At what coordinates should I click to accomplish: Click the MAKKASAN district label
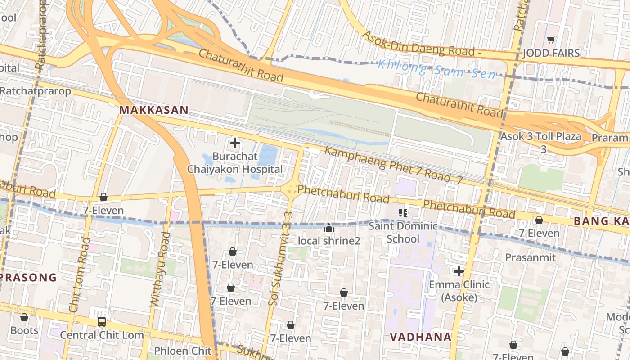pyautogui.click(x=153, y=110)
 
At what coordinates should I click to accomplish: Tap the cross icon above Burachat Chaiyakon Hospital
pyautogui.click(x=234, y=144)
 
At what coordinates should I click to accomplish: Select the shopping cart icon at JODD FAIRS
pyautogui.click(x=551, y=40)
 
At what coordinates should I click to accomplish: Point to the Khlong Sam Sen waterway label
pyautogui.click(x=436, y=69)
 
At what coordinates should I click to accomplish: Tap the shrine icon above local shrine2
pyautogui.click(x=329, y=228)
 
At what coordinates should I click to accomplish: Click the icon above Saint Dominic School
pyautogui.click(x=403, y=212)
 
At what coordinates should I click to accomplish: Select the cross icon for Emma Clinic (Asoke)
pyautogui.click(x=459, y=271)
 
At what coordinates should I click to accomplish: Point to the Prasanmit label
pyautogui.click(x=530, y=257)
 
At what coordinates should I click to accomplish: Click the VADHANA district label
pyautogui.click(x=420, y=337)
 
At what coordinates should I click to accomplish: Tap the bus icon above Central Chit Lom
pyautogui.click(x=102, y=322)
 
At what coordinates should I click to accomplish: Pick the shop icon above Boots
pyautogui.click(x=24, y=317)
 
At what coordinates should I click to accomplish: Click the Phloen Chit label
pyautogui.click(x=183, y=351)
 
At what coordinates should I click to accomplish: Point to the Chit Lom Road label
pyautogui.click(x=80, y=275)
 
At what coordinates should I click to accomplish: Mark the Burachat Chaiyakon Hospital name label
pyautogui.click(x=235, y=163)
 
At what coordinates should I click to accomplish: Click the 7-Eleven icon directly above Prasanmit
pyautogui.click(x=539, y=220)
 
